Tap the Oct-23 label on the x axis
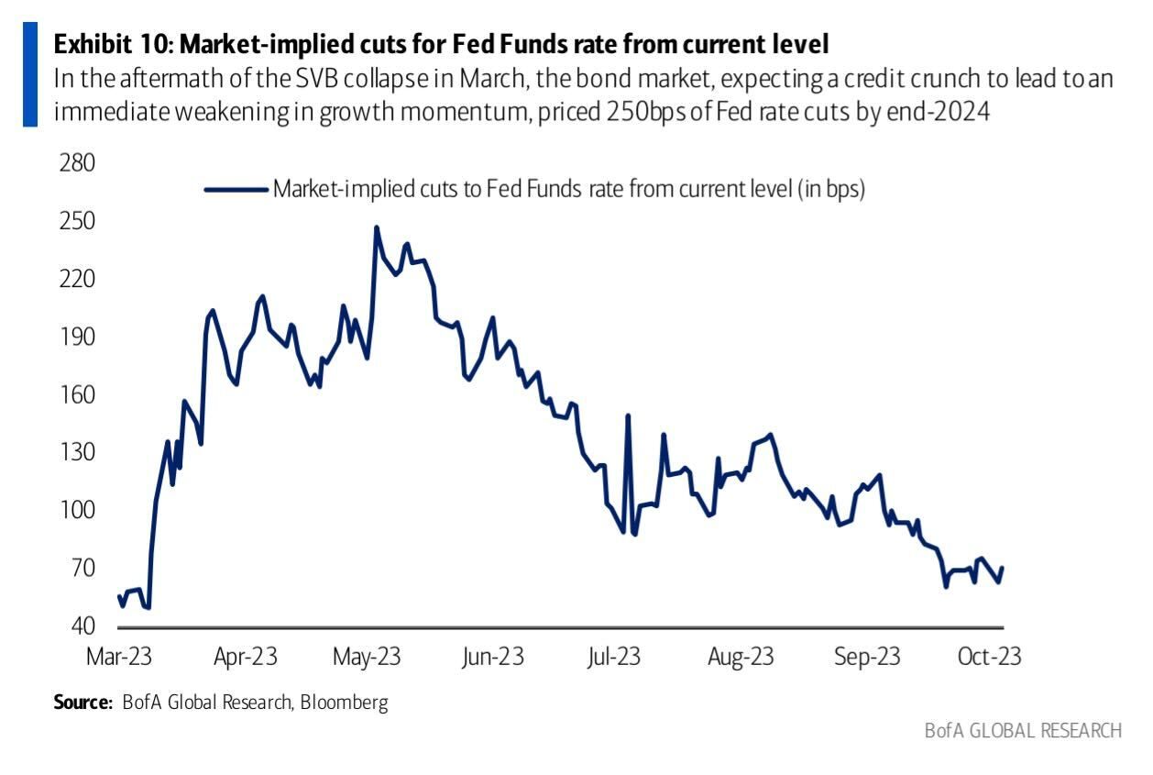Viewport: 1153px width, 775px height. tap(989, 657)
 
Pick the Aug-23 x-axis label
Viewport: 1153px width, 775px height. tap(741, 657)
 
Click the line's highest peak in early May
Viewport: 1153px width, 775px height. tap(376, 227)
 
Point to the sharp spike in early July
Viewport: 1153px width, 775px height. tap(629, 416)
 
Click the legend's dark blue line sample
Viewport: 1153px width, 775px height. tap(236, 190)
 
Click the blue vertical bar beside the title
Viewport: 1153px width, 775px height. tap(30, 75)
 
